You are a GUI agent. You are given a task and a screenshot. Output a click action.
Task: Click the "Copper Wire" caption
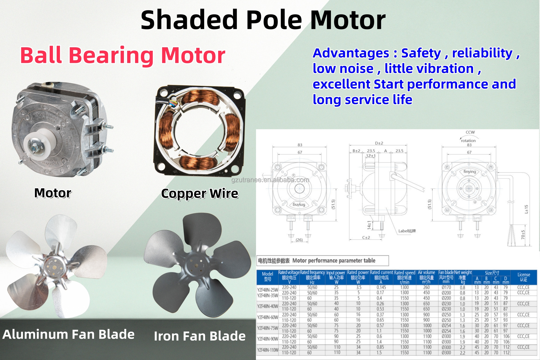tap(200, 193)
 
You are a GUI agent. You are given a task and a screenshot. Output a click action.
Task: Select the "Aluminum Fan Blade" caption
tap(69, 334)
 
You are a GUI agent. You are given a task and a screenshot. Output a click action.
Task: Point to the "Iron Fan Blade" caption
tap(200, 336)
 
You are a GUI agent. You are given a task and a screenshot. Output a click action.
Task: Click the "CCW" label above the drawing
tap(470, 132)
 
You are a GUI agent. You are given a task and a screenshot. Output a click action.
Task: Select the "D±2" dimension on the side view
tap(379, 143)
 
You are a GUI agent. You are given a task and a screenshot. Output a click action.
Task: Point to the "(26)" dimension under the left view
tap(299, 240)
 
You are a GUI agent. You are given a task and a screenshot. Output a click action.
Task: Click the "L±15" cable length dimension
tap(526, 209)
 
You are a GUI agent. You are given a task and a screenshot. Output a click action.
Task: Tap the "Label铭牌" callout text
tap(407, 231)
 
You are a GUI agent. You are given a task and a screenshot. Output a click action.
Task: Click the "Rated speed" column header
tap(404, 273)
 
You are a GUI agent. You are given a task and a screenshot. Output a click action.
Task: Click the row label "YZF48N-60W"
tap(268, 317)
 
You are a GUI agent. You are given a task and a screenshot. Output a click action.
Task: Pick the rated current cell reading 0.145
tap(381, 287)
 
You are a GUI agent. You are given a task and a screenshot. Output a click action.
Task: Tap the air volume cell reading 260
tap(427, 287)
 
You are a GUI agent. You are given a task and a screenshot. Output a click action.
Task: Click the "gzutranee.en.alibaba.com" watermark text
tap(270, 180)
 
